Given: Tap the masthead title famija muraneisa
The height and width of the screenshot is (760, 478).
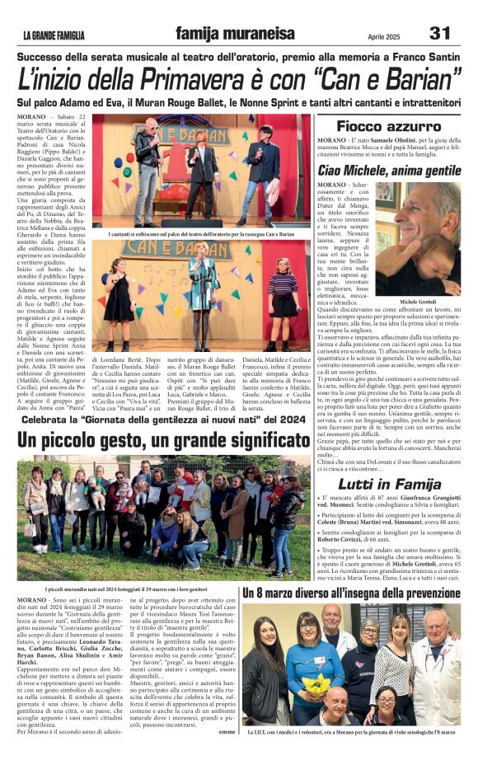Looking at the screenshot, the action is click(x=235, y=34).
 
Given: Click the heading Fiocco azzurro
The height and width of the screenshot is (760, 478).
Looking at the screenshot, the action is click(x=388, y=126).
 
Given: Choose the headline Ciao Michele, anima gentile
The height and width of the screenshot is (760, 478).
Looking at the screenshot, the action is click(x=388, y=170).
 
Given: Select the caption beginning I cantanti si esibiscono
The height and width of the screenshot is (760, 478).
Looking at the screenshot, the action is click(x=200, y=234).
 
